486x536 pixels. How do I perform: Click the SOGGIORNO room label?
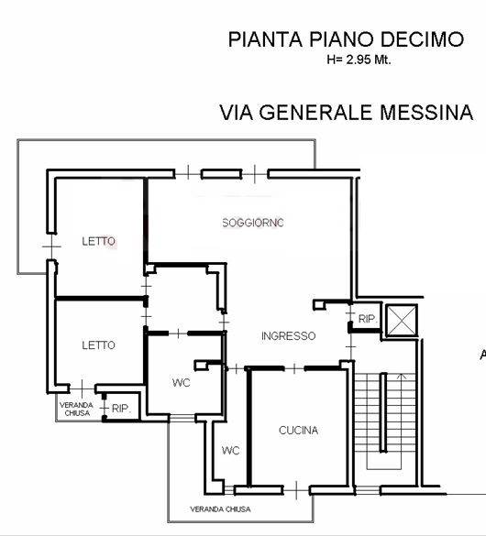click(x=253, y=223)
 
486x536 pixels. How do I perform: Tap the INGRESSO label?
click(x=288, y=335)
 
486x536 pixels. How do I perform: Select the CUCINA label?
click(x=298, y=430)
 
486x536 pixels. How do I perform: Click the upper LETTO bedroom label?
click(x=98, y=241)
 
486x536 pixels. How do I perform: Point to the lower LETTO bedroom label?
click(x=98, y=345)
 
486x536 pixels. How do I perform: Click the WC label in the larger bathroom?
click(x=181, y=382)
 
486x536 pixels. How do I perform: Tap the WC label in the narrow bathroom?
click(x=230, y=450)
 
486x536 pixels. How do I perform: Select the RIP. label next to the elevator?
click(x=368, y=319)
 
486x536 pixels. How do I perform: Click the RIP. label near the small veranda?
click(x=120, y=408)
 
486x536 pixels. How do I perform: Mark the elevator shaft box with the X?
click(x=402, y=321)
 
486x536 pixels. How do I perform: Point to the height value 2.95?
click(x=359, y=60)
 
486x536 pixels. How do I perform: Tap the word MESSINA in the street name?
click(x=426, y=112)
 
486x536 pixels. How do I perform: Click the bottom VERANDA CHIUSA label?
click(x=220, y=509)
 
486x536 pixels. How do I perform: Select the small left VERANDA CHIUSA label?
click(x=77, y=409)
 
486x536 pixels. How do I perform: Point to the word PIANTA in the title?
click(x=265, y=39)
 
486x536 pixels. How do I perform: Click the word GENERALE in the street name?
click(x=315, y=112)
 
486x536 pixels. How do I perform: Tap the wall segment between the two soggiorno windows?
click(x=221, y=174)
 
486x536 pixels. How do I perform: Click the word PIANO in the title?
click(x=341, y=39)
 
